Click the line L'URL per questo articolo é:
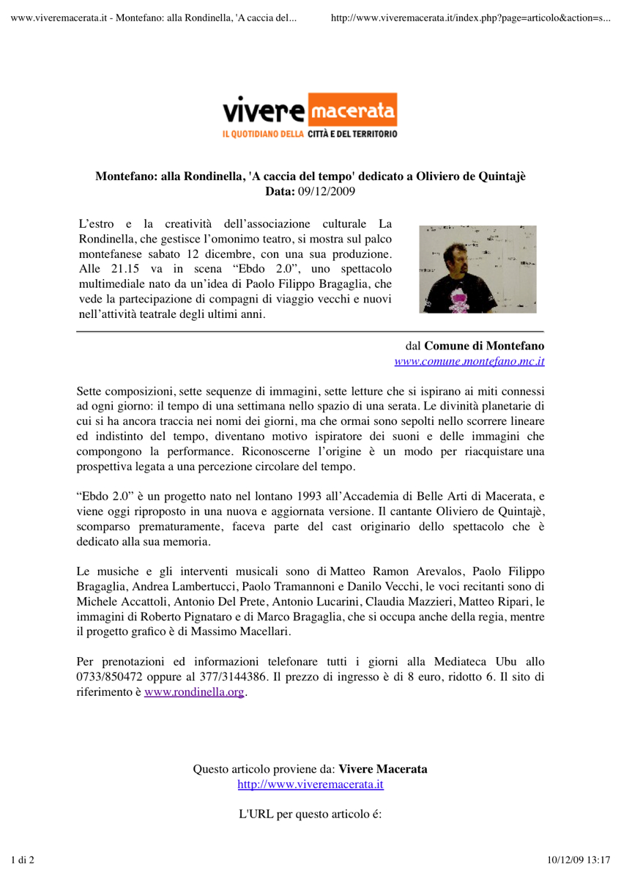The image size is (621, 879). [x=310, y=815]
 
